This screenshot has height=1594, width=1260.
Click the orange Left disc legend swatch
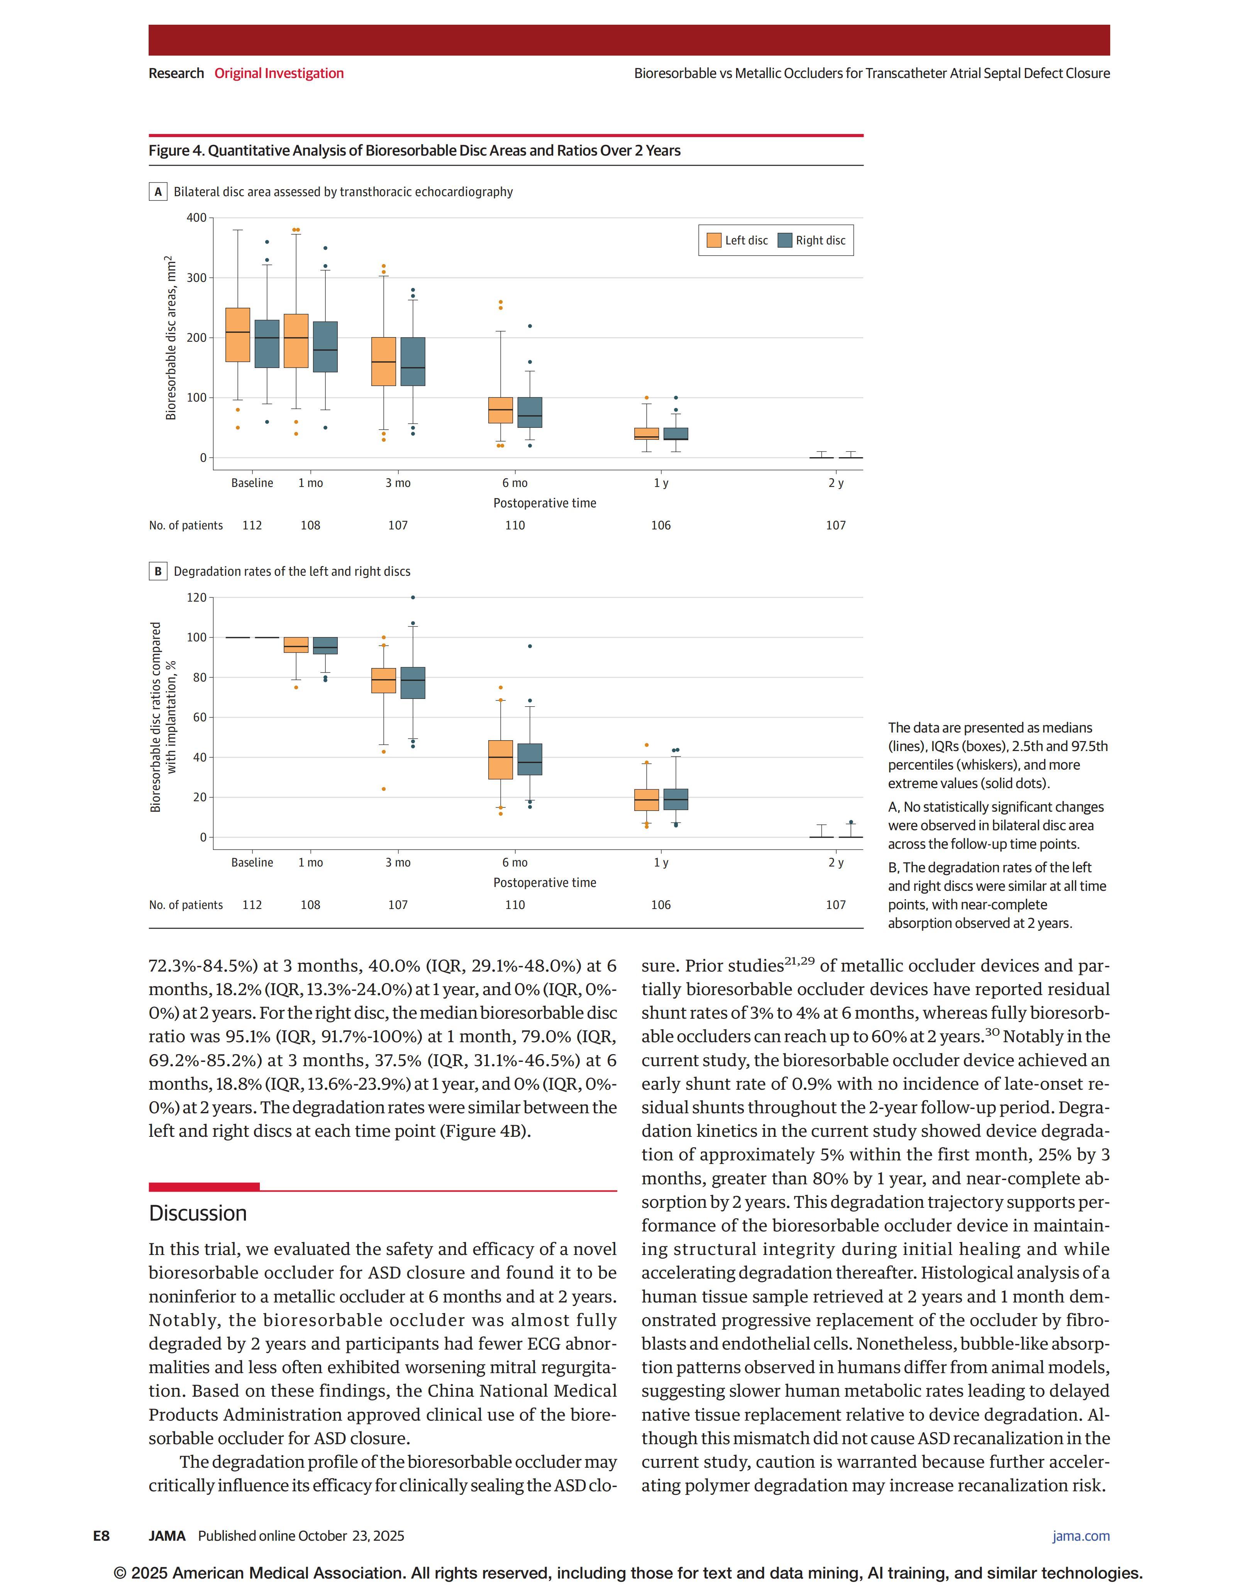713,241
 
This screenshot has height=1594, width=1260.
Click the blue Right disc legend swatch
785,241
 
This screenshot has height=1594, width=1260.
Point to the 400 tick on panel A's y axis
196,218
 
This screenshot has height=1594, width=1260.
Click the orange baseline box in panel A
237,335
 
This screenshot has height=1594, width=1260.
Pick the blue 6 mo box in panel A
530,412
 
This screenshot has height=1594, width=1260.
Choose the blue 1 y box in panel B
676,799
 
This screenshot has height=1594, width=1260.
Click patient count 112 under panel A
252,526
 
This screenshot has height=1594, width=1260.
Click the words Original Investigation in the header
279,73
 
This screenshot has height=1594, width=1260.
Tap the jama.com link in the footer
1081,1536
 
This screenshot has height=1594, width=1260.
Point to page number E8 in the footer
101,1536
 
